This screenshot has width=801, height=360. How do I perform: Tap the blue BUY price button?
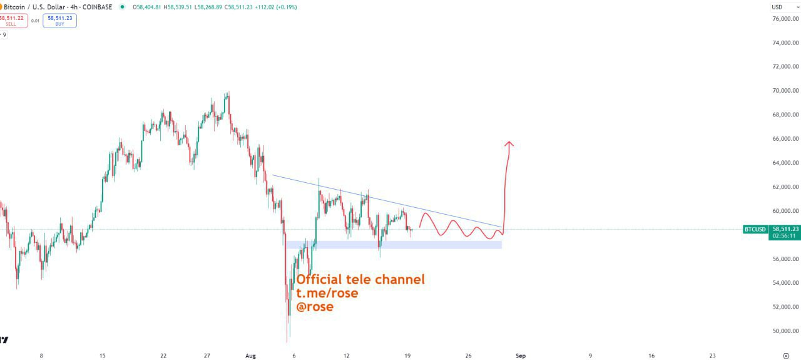pos(60,21)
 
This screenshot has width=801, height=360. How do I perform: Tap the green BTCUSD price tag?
pos(755,229)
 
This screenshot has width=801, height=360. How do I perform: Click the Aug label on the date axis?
pos(251,356)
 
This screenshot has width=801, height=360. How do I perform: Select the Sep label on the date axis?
pos(520,356)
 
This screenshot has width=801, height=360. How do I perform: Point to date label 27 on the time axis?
pos(207,356)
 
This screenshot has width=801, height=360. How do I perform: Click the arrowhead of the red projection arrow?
pos(509,144)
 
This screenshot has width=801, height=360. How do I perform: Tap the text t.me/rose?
pos(327,293)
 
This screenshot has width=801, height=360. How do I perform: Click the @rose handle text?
pos(315,307)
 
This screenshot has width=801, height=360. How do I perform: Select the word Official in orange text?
pos(319,279)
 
